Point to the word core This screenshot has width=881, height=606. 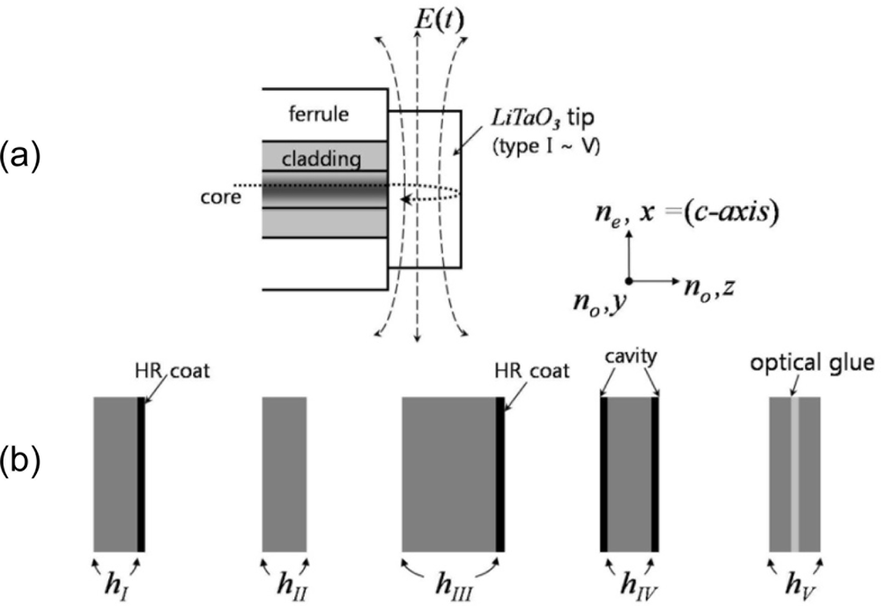[220, 198]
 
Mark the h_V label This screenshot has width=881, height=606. [796, 582]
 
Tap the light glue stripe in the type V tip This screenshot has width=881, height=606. [795, 474]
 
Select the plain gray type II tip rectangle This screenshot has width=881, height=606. [285, 474]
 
